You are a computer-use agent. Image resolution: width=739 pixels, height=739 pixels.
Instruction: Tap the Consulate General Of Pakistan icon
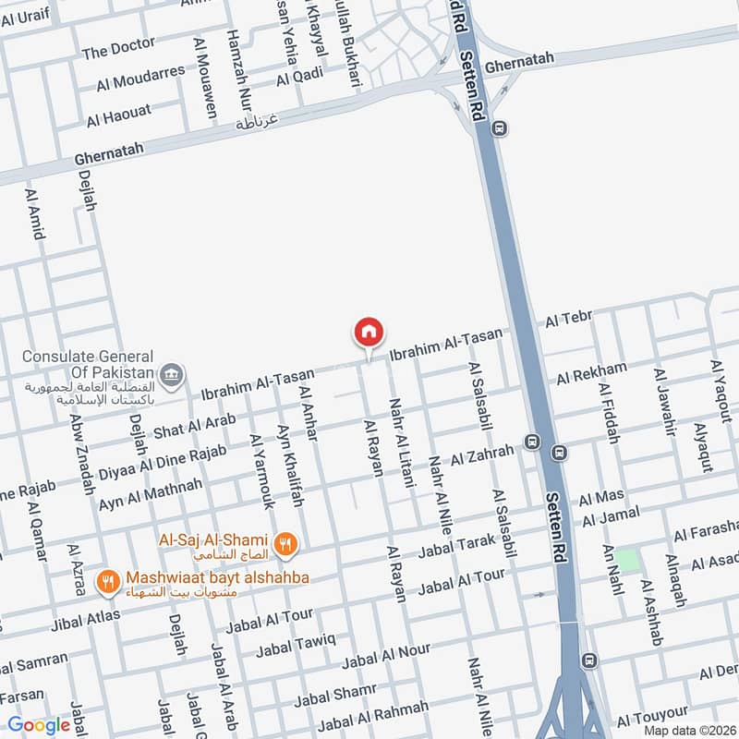click(x=171, y=374)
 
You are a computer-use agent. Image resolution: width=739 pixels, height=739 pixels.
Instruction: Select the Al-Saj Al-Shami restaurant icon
click(x=285, y=545)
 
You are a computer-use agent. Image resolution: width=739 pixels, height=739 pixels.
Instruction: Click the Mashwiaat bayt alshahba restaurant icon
click(x=109, y=581)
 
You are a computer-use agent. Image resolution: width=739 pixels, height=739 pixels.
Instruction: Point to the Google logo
click(x=38, y=725)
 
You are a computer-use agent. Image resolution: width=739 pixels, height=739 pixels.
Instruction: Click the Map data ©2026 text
click(x=688, y=730)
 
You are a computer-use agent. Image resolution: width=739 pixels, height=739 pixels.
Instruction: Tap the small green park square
click(x=627, y=560)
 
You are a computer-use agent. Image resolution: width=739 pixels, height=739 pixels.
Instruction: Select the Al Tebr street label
click(x=568, y=319)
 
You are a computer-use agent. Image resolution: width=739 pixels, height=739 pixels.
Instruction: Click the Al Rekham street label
click(x=591, y=373)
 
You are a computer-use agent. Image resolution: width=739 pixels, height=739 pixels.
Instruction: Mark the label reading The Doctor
click(x=119, y=49)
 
